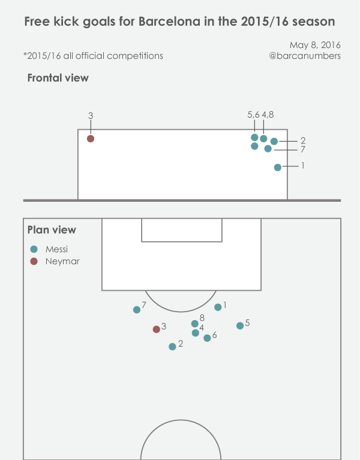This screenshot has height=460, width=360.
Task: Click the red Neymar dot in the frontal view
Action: coord(91,139)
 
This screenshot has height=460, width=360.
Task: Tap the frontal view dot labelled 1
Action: coord(277,168)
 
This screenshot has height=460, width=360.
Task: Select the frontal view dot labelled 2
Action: coord(274,142)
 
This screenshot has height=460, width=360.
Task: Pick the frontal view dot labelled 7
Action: coord(268,148)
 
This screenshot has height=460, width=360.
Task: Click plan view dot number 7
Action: coord(137,310)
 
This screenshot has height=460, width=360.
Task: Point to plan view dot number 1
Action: coord(218,307)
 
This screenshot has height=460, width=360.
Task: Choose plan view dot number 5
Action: coord(240,325)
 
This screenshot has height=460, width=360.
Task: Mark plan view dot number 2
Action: coord(173,347)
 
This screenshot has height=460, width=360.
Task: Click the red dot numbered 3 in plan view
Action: coord(157,329)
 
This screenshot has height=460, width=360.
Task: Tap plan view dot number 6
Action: coord(207,338)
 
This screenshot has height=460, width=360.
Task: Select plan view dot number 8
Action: coord(194,324)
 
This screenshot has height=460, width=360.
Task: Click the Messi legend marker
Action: coord(34,249)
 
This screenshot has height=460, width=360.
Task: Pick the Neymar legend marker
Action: coord(34,261)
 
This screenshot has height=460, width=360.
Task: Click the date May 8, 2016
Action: coord(315,45)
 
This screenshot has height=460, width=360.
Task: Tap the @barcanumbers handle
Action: coord(305,56)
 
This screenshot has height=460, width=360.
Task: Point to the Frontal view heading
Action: coord(58,78)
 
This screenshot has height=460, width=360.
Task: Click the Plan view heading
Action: coord(52,230)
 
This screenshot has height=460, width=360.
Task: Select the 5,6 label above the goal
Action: coord(253,115)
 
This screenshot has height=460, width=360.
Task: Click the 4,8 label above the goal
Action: coord(268,115)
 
